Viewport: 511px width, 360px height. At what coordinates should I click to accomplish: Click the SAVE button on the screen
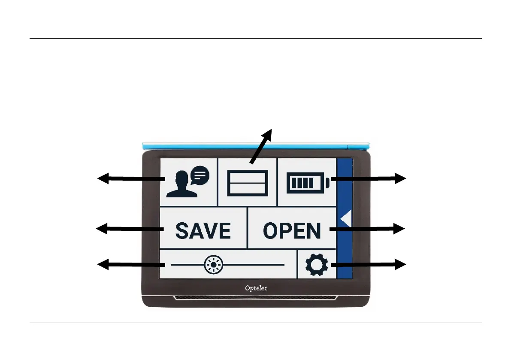point(203,231)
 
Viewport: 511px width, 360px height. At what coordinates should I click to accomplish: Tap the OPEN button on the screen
point(292,231)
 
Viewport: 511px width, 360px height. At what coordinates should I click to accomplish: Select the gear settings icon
point(317,265)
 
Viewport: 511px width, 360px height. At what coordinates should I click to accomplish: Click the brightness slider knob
point(213,265)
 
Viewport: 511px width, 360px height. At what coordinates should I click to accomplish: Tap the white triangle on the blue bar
point(346,219)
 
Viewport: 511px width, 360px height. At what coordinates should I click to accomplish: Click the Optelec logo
point(256,288)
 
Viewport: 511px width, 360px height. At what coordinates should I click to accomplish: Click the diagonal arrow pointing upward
point(261,146)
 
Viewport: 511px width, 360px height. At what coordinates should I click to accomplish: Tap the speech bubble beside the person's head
point(200,175)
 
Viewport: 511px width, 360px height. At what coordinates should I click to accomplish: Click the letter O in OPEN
point(273,231)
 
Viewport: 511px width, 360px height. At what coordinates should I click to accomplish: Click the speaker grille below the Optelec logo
point(256,297)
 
